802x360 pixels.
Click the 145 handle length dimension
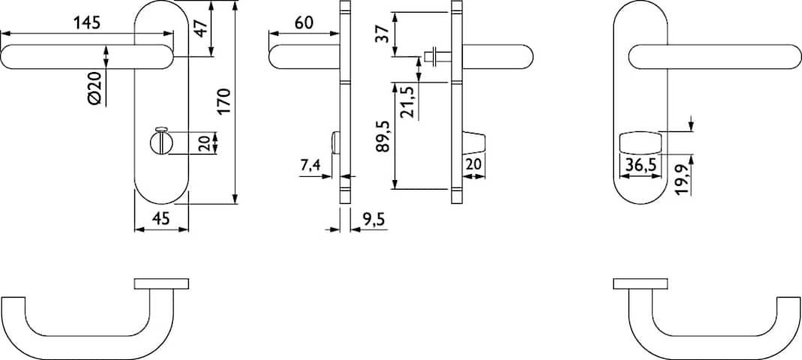click(87, 23)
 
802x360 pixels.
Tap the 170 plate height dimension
click(226, 102)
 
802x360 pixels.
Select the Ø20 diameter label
click(97, 89)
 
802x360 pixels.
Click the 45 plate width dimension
click(161, 218)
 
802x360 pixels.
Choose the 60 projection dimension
click(303, 23)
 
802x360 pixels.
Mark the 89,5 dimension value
click(384, 136)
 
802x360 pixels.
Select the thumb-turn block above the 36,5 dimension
click(639, 142)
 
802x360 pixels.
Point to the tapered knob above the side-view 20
click(473, 142)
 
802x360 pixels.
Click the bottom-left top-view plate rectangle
click(161, 283)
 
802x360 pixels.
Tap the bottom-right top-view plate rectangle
click(641, 283)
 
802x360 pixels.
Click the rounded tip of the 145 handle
click(5, 57)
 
